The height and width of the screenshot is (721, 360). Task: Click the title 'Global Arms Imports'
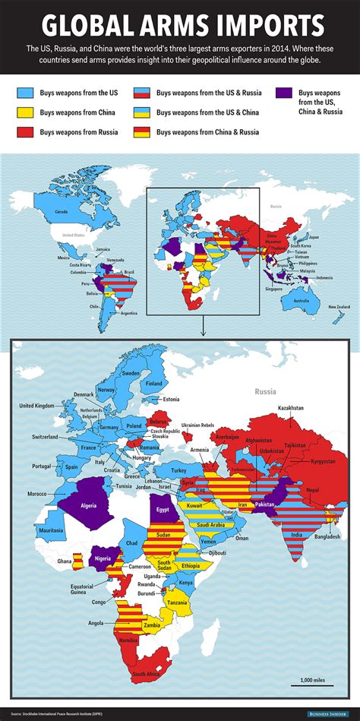click(x=179, y=26)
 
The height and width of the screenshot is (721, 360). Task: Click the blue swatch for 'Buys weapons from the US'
click(x=27, y=93)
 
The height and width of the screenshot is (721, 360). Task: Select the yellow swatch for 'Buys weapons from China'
click(x=27, y=112)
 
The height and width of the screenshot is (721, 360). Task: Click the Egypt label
click(x=163, y=511)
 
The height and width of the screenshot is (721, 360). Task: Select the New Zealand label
click(x=339, y=306)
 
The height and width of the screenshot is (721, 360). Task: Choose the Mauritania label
click(x=52, y=530)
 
